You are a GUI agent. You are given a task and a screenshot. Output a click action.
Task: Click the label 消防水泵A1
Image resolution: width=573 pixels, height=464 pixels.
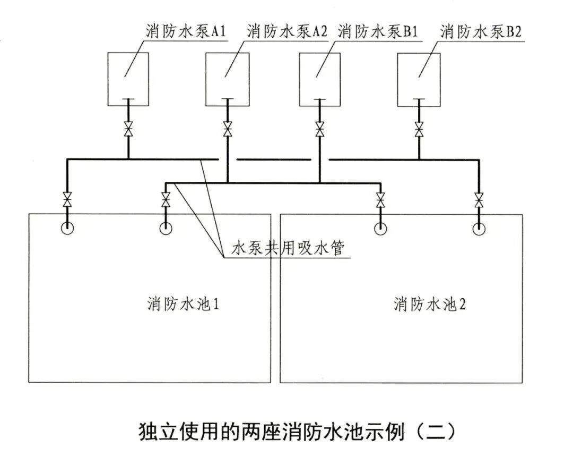click(186, 31)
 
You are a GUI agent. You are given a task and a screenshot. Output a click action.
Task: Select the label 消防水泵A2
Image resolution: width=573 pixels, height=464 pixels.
click(286, 31)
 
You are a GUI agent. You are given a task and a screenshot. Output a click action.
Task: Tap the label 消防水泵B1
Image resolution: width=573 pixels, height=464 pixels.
click(377, 31)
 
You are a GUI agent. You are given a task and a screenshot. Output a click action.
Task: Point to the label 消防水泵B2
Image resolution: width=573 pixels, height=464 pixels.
click(481, 31)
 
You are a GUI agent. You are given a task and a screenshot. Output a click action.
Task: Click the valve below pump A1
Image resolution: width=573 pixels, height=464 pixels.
click(128, 129)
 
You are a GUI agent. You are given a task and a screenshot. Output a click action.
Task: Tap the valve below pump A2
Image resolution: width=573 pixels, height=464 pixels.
click(228, 129)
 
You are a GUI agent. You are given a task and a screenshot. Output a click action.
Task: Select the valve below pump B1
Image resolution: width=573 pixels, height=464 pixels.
click(320, 129)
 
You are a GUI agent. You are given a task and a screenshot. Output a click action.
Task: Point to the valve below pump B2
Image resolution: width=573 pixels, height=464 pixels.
click(419, 129)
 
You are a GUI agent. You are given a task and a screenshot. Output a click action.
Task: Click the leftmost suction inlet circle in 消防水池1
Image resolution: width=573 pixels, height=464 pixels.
click(67, 228)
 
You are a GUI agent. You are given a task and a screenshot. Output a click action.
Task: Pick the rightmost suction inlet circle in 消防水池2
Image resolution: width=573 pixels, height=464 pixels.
click(479, 228)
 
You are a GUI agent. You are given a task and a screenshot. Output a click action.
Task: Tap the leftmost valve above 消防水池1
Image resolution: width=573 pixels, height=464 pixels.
click(67, 200)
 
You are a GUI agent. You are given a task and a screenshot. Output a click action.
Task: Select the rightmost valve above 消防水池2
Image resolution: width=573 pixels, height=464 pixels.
click(479, 200)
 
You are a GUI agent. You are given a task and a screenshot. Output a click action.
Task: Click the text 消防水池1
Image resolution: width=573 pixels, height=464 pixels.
click(183, 305)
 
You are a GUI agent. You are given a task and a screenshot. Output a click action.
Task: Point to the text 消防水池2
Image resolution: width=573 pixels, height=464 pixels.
click(430, 305)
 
